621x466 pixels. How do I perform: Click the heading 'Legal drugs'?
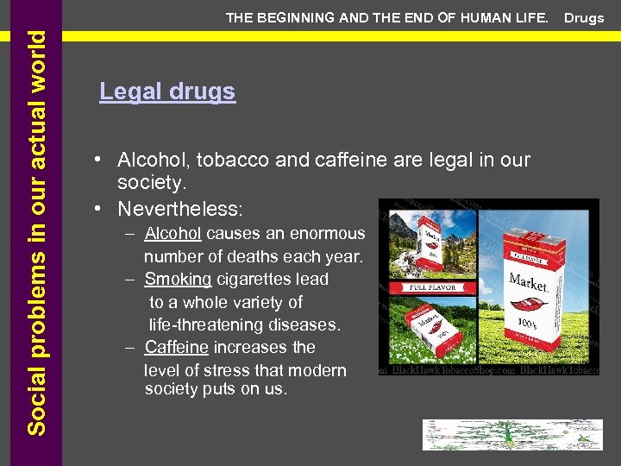[x=167, y=91]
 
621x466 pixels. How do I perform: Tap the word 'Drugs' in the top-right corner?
[x=585, y=18]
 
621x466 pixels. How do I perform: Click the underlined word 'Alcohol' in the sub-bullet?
[x=173, y=234]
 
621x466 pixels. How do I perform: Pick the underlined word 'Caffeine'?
[x=176, y=347]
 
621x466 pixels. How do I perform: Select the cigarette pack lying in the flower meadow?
[x=432, y=328]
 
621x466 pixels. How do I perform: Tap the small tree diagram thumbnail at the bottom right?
[x=512, y=435]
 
